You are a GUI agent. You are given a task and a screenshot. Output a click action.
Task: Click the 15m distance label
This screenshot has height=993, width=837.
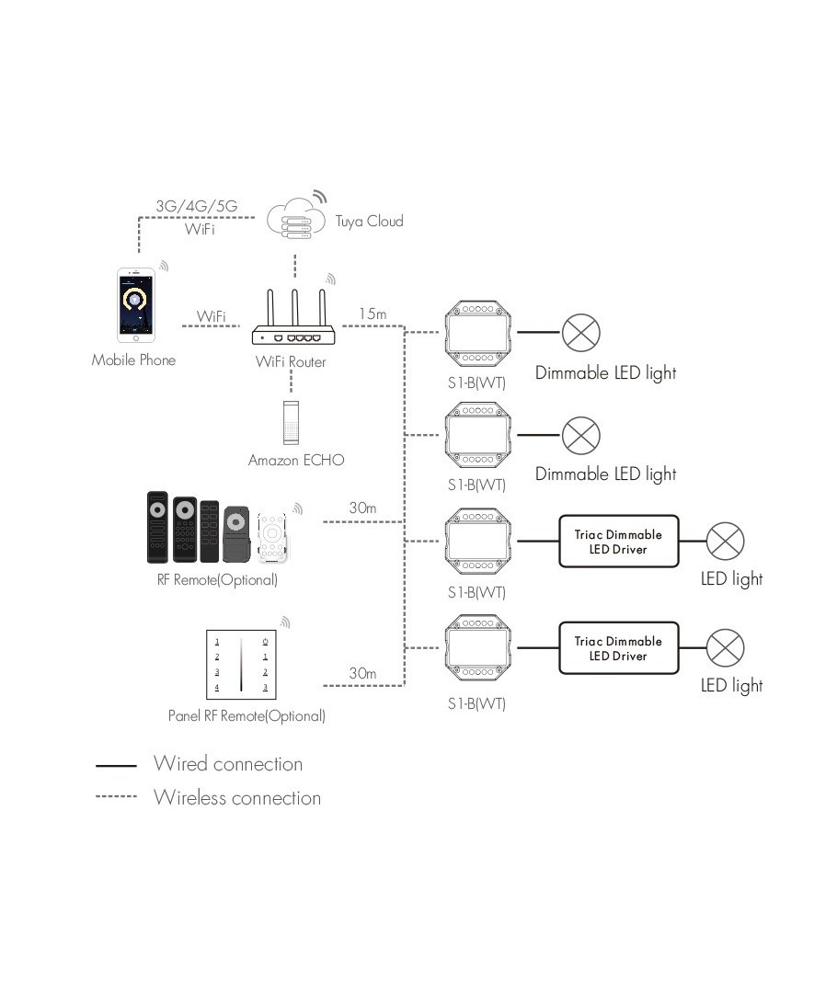click(x=373, y=314)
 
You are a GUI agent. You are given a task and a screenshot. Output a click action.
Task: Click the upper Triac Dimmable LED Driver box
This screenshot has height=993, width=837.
click(x=618, y=542)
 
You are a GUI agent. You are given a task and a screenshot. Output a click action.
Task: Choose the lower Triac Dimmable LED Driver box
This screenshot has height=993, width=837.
click(x=618, y=648)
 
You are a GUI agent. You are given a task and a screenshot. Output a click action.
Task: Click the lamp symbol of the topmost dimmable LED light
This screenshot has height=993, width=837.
click(x=581, y=332)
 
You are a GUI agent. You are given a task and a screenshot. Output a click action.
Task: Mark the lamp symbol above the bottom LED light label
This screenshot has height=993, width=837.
click(x=725, y=648)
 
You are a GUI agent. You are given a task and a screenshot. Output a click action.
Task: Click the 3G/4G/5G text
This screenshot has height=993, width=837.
click(x=196, y=206)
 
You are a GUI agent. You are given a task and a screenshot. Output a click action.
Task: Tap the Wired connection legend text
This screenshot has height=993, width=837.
click(x=228, y=764)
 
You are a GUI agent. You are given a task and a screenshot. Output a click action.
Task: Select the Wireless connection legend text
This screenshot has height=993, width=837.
click(x=237, y=797)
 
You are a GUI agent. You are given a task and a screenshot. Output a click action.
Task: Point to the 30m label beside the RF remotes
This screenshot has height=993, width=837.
click(x=362, y=508)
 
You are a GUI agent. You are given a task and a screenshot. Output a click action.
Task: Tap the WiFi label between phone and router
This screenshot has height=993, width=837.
click(x=212, y=316)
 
